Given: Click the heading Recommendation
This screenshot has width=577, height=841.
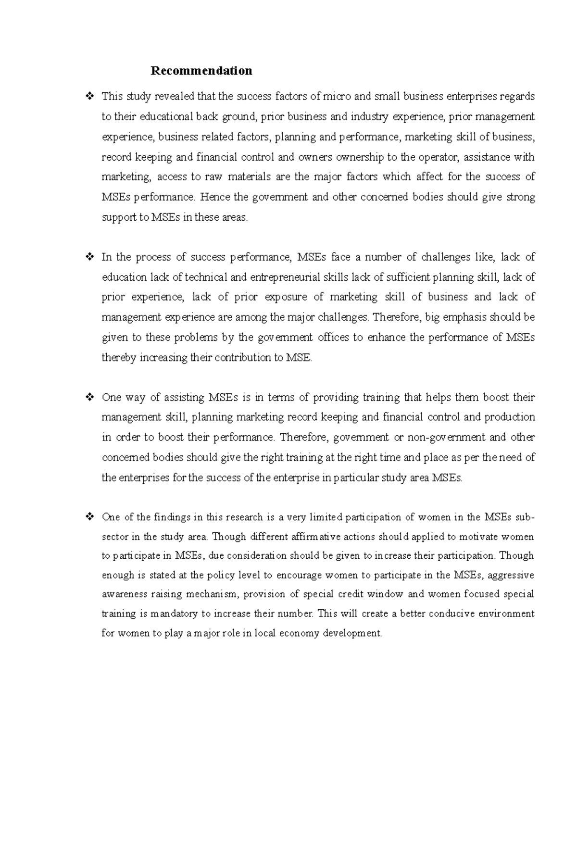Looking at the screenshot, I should pos(201,71).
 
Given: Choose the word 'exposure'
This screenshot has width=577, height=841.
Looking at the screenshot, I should pos(286,297).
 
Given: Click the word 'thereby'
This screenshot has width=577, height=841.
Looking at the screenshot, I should pos(119,358).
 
